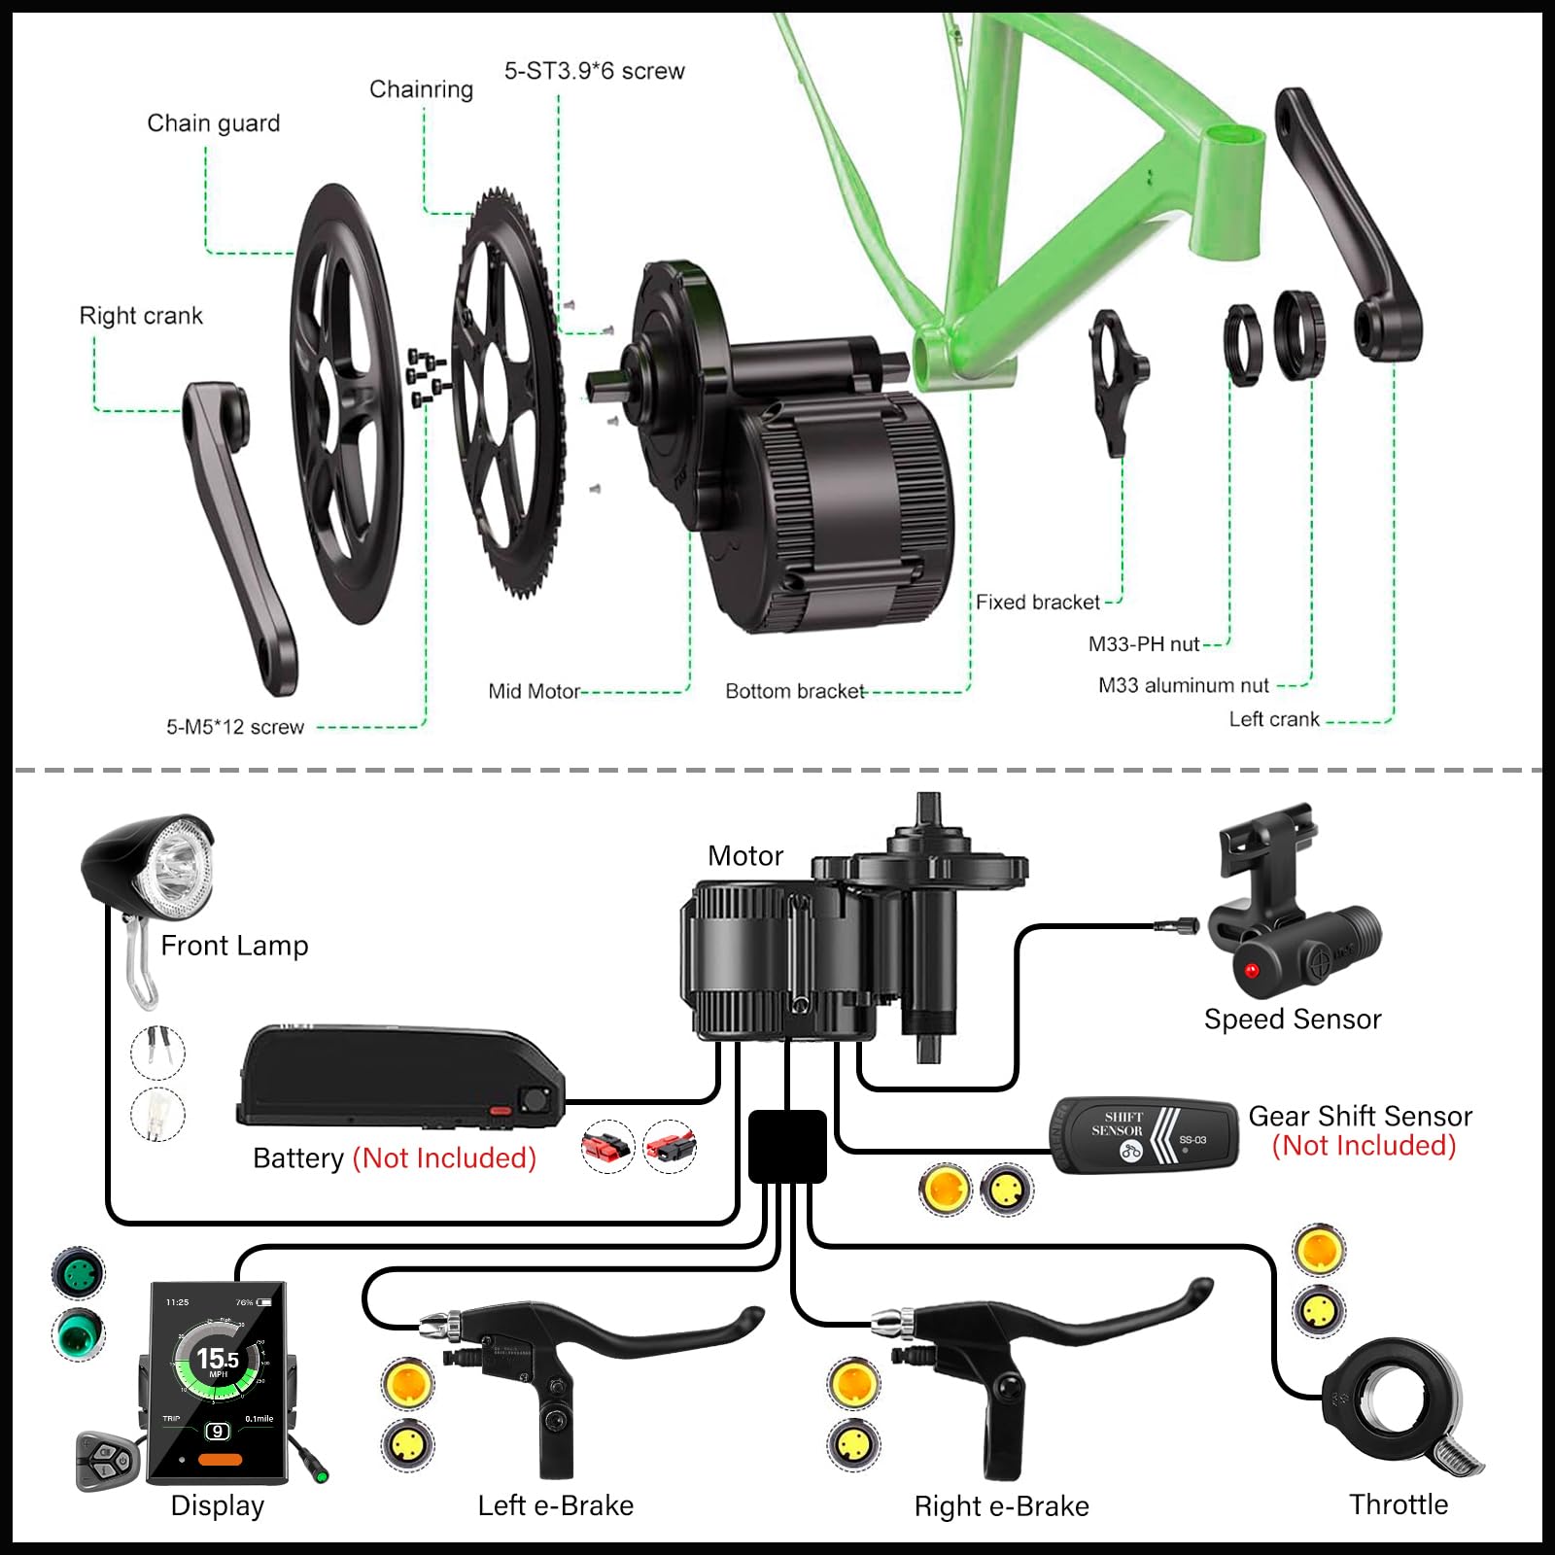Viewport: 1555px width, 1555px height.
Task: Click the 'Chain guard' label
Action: [x=213, y=123]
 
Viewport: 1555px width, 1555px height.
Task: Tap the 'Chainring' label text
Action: [x=421, y=89]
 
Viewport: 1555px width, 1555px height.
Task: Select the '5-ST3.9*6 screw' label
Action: [x=594, y=71]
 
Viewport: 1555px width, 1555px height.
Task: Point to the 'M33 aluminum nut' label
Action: [x=1183, y=685]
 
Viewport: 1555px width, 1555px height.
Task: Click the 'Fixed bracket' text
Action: [x=1037, y=603]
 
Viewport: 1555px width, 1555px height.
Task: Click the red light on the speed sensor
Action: [x=1251, y=970]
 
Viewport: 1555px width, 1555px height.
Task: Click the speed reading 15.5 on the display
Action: [x=217, y=1359]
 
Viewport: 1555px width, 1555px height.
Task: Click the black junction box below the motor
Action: [x=787, y=1147]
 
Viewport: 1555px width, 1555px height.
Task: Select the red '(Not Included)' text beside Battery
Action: [x=444, y=1158]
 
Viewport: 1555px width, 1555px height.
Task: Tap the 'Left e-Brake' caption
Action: [x=555, y=1505]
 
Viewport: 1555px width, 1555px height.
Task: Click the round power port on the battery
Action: [x=534, y=1099]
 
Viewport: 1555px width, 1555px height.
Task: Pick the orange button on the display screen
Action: [x=220, y=1459]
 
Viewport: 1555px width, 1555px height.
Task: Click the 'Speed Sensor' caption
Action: [x=1292, y=1019]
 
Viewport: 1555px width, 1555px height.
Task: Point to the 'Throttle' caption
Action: [x=1398, y=1504]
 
